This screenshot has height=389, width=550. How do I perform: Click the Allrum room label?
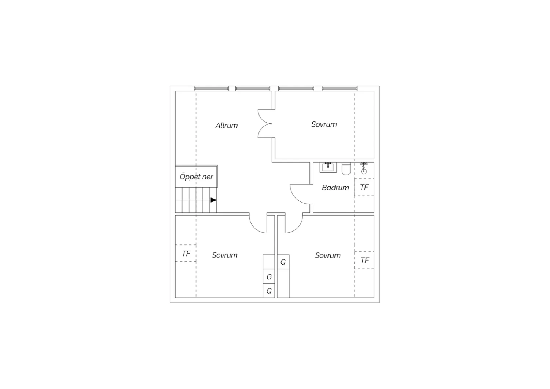[x=227, y=126]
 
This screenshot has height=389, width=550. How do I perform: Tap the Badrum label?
[x=335, y=188]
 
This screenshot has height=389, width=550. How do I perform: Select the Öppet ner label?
[x=196, y=177]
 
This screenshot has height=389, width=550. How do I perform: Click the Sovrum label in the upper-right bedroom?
[x=324, y=124]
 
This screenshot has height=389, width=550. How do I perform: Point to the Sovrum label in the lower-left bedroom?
[x=225, y=255]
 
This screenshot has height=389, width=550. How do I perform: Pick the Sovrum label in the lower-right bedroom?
[x=328, y=255]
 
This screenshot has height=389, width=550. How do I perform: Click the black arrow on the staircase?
[x=214, y=200]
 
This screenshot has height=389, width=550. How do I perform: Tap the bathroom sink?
[x=328, y=167]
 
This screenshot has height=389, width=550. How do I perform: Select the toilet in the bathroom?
[x=346, y=168]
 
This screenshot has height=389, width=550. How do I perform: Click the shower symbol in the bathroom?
[x=364, y=168]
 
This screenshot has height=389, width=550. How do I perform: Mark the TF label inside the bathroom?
[x=364, y=187]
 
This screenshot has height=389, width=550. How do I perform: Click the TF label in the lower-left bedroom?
[x=186, y=253]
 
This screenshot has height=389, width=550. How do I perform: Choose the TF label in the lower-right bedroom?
[x=364, y=260]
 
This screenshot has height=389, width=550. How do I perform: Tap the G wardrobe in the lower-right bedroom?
[x=283, y=262]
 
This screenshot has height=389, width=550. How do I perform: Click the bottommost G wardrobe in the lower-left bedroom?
[x=269, y=291]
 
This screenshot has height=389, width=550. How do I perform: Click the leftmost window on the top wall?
[x=212, y=88]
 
